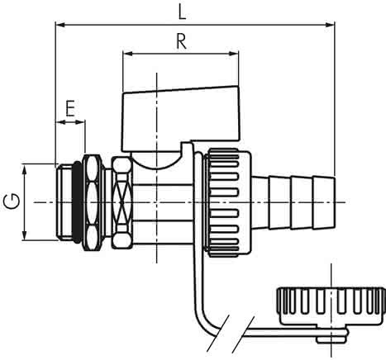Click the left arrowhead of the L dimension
(60, 25)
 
